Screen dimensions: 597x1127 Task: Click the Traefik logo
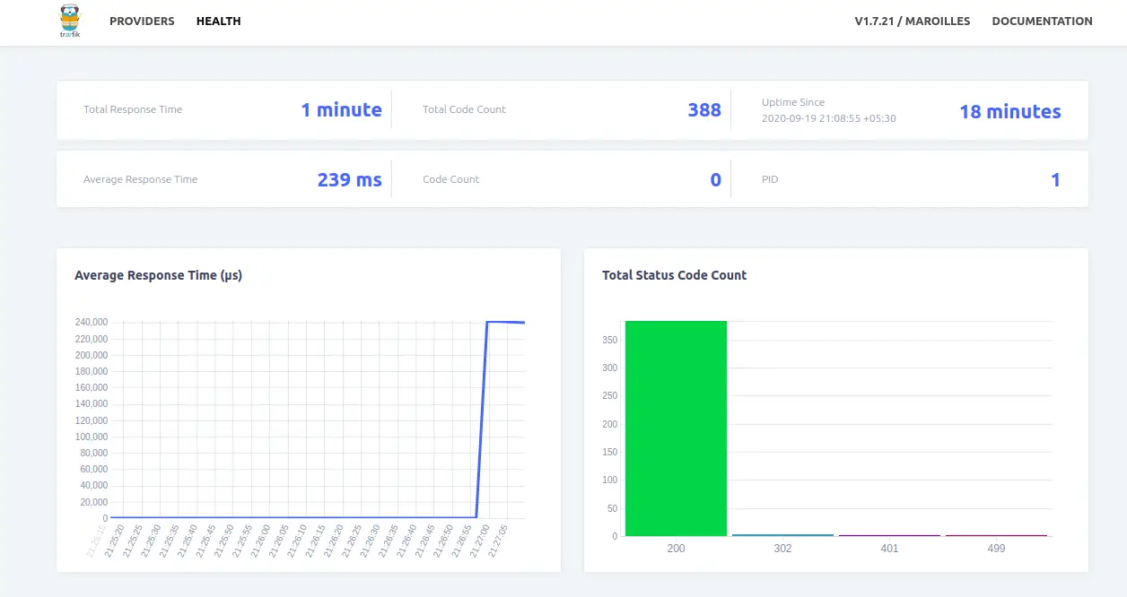pos(69,22)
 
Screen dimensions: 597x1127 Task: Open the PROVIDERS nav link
pos(142,22)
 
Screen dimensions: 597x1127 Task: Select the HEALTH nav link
pos(218,22)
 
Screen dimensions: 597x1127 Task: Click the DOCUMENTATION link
pos(1042,22)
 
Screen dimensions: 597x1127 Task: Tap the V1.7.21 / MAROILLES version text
pos(912,22)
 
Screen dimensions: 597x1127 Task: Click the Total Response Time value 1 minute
pos(341,110)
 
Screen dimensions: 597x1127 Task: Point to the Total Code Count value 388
pos(704,110)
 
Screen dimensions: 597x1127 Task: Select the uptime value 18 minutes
pos(1009,112)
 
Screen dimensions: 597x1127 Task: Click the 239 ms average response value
pos(349,180)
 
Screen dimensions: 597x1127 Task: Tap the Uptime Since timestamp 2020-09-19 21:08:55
pos(828,118)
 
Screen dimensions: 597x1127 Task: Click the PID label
pos(770,179)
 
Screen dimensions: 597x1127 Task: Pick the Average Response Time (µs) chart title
pos(158,275)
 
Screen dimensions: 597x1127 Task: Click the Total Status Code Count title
pos(674,275)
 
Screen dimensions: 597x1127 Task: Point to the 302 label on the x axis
pos(782,548)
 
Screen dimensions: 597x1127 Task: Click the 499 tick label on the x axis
pos(996,548)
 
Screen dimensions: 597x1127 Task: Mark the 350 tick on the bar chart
pos(609,340)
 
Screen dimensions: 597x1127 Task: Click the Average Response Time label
pos(140,179)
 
